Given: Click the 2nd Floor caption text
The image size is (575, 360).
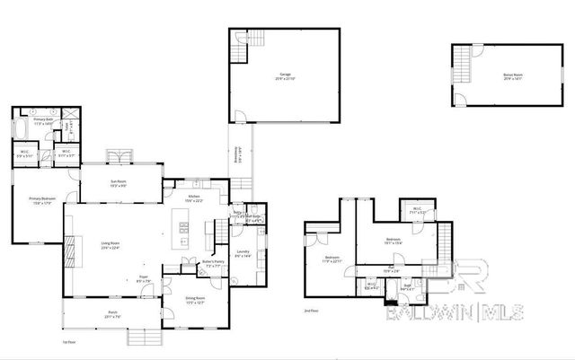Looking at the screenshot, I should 311,312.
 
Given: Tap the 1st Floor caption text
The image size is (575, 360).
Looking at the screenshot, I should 68,343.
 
